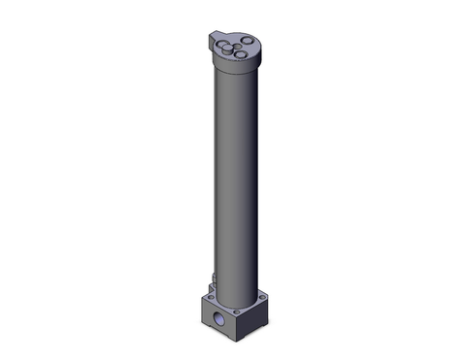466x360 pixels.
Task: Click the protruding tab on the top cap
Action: click(214, 37)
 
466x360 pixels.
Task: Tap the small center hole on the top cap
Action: click(238, 46)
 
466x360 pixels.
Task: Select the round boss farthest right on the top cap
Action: click(247, 40)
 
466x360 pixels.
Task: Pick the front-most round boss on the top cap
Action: click(240, 54)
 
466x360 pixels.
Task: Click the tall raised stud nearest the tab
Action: click(227, 49)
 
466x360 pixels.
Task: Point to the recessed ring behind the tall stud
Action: click(220, 43)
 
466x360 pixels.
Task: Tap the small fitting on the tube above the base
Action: click(214, 278)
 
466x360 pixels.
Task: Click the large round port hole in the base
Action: click(217, 318)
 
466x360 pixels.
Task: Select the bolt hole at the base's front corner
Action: click(236, 311)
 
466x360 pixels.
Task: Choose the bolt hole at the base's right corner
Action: click(262, 297)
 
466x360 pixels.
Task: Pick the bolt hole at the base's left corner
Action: click(211, 297)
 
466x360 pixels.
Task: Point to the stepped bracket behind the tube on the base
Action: click(211, 288)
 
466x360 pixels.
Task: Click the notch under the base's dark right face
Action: click(254, 332)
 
